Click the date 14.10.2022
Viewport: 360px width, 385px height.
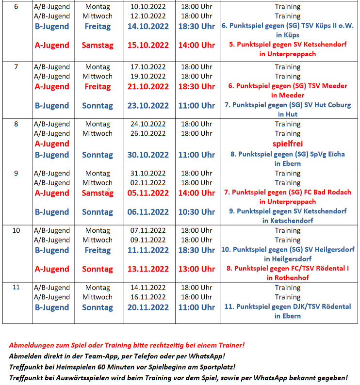(x=148, y=26)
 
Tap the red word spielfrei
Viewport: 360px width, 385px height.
(x=288, y=144)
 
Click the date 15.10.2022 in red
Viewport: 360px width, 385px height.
(x=148, y=45)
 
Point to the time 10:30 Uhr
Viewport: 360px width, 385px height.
(x=196, y=212)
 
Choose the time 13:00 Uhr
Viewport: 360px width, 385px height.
(x=196, y=269)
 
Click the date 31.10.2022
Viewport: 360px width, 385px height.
(x=148, y=173)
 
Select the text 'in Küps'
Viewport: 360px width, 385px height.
(x=288, y=35)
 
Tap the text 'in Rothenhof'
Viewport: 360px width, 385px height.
(x=288, y=278)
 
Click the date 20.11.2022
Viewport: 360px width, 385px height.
(x=148, y=307)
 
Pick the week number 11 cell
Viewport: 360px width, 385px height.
(x=16, y=287)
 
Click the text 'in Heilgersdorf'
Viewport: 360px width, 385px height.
(x=288, y=259)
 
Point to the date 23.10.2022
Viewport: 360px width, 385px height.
(x=148, y=106)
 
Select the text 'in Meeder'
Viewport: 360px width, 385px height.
(x=288, y=95)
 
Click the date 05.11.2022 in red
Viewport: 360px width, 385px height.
(x=148, y=193)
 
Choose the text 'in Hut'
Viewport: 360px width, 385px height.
(x=288, y=114)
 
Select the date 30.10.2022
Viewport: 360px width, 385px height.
(x=148, y=155)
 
